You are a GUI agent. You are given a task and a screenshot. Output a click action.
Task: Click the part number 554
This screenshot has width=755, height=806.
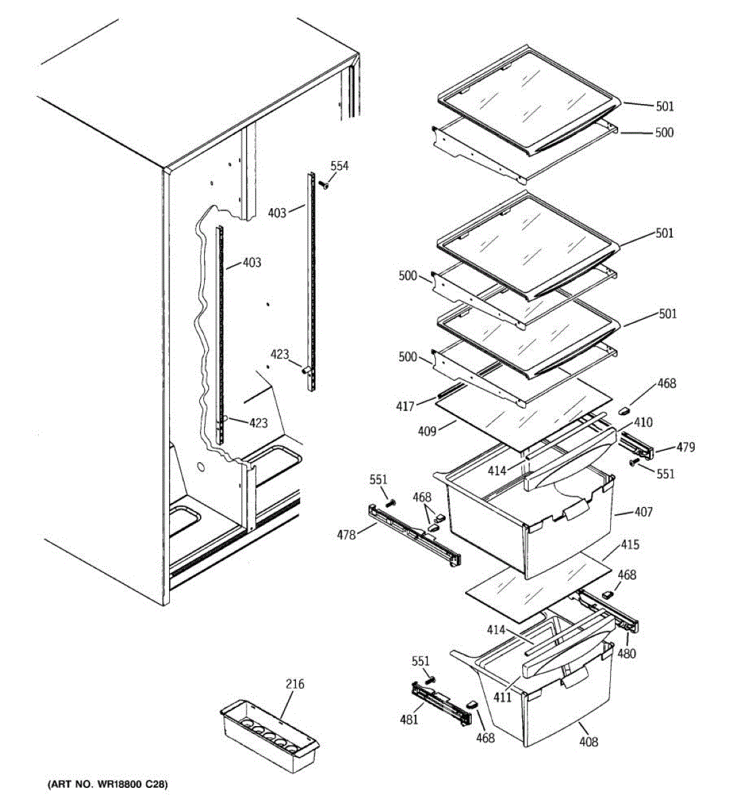pos(340,166)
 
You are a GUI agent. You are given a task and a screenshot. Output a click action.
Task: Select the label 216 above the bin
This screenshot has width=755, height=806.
pos(295,684)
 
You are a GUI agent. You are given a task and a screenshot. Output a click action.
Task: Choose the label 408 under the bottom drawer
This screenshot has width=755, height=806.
pos(589,742)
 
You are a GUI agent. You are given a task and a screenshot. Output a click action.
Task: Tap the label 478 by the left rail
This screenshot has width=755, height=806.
pos(346,535)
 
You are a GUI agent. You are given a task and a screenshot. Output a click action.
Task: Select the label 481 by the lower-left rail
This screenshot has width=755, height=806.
pos(409,719)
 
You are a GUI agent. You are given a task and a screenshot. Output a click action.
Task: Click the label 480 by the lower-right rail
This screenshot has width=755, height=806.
pos(627,653)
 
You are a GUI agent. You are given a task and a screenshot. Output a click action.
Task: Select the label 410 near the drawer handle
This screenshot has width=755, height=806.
pos(643,422)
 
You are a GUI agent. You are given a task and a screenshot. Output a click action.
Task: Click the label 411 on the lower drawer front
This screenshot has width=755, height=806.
pos(502,697)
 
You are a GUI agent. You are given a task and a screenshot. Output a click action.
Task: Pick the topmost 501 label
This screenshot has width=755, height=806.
pos(664,106)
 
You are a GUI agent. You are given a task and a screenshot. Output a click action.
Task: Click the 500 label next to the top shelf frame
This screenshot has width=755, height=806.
pos(664,132)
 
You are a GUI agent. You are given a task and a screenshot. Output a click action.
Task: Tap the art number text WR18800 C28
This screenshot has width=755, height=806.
pos(107,785)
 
